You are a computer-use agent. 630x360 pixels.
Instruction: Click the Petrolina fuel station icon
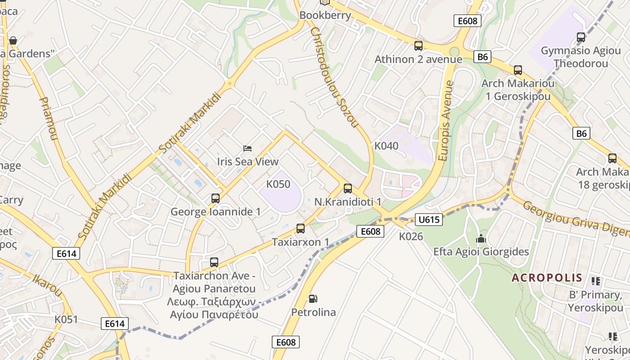click(x=313, y=298)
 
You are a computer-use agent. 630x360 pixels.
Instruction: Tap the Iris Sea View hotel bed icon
click(x=247, y=148)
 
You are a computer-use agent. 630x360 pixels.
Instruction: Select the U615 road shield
click(x=428, y=220)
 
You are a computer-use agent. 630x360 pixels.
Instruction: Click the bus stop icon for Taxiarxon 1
click(x=301, y=229)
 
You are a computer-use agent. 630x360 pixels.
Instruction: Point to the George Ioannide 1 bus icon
click(x=215, y=198)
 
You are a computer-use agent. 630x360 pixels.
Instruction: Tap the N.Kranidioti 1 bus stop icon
click(x=347, y=189)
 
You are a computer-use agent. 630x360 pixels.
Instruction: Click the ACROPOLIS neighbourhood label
click(x=547, y=278)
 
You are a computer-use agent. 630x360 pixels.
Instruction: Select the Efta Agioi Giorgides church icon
click(x=481, y=238)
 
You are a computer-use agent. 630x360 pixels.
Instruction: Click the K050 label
click(x=278, y=184)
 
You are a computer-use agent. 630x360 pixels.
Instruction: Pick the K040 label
click(x=386, y=146)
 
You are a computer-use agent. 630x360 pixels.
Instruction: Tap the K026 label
click(x=410, y=236)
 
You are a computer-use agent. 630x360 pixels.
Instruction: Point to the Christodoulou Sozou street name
click(x=334, y=77)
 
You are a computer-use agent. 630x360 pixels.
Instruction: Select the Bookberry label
click(x=325, y=15)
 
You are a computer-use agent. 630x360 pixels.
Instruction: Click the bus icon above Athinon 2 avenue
click(x=418, y=46)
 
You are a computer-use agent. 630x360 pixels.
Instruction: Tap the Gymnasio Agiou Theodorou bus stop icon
click(x=580, y=37)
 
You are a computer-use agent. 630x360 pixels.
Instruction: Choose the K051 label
click(x=66, y=319)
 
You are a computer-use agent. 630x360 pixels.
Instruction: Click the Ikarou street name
click(x=47, y=285)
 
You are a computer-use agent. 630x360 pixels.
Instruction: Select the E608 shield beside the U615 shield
click(x=371, y=231)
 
